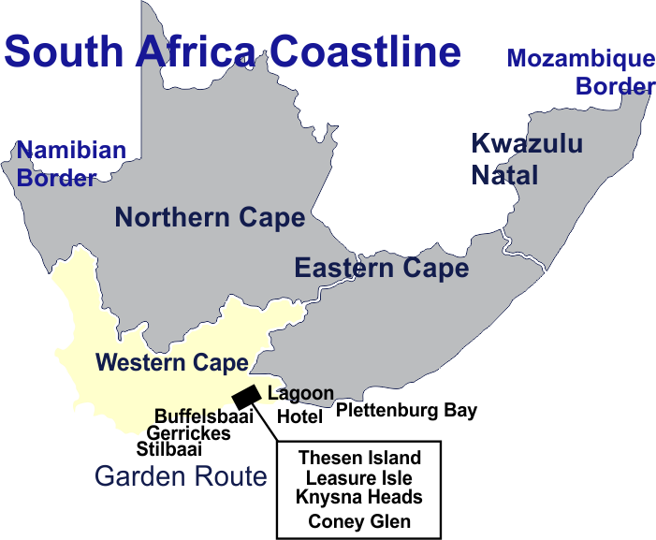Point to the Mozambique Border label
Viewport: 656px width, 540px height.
580,72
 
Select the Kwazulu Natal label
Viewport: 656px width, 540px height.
526,158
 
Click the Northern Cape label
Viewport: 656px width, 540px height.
210,218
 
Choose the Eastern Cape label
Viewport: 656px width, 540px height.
381,268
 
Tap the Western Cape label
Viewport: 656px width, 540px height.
172,362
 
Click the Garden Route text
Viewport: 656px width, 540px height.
181,476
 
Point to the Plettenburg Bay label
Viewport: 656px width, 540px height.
407,410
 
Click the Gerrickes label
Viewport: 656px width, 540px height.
188,433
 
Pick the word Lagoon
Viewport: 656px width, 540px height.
299,394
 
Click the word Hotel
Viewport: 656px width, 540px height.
299,416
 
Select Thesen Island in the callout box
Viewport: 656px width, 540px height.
359,459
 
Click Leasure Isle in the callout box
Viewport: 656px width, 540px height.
359,477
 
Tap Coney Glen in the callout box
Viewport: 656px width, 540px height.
359,521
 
